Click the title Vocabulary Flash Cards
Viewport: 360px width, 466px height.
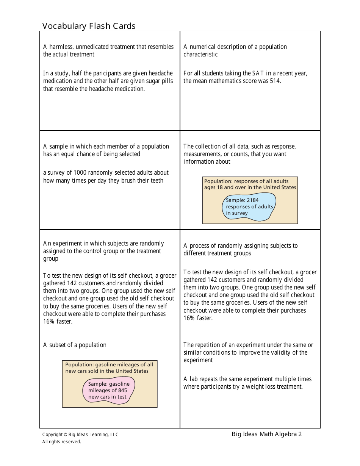[x=89, y=26]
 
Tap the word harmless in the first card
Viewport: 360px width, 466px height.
[x=61, y=47]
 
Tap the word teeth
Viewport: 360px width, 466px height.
[x=157, y=180]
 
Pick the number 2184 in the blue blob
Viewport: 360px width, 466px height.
[x=252, y=200]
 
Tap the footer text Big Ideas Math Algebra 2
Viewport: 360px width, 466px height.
[x=267, y=434]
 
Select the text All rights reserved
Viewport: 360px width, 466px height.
[x=61, y=441]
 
